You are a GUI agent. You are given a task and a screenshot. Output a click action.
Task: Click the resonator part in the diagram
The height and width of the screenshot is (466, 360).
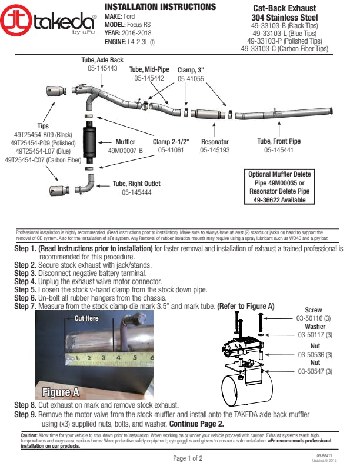pos(209,113)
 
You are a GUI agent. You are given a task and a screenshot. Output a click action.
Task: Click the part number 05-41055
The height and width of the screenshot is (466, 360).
pos(191,78)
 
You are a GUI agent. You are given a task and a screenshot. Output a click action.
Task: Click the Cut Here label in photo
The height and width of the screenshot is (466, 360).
pos(86,318)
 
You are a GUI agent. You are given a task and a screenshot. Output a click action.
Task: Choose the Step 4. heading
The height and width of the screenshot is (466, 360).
pos(25,282)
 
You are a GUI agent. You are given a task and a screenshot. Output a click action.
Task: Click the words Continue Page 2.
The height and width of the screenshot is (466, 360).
pos(196,424)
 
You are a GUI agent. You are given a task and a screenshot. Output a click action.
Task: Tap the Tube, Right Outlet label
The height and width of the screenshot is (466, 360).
pos(136,184)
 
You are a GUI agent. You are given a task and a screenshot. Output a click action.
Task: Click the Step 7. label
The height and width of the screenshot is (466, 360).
pos(25,307)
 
